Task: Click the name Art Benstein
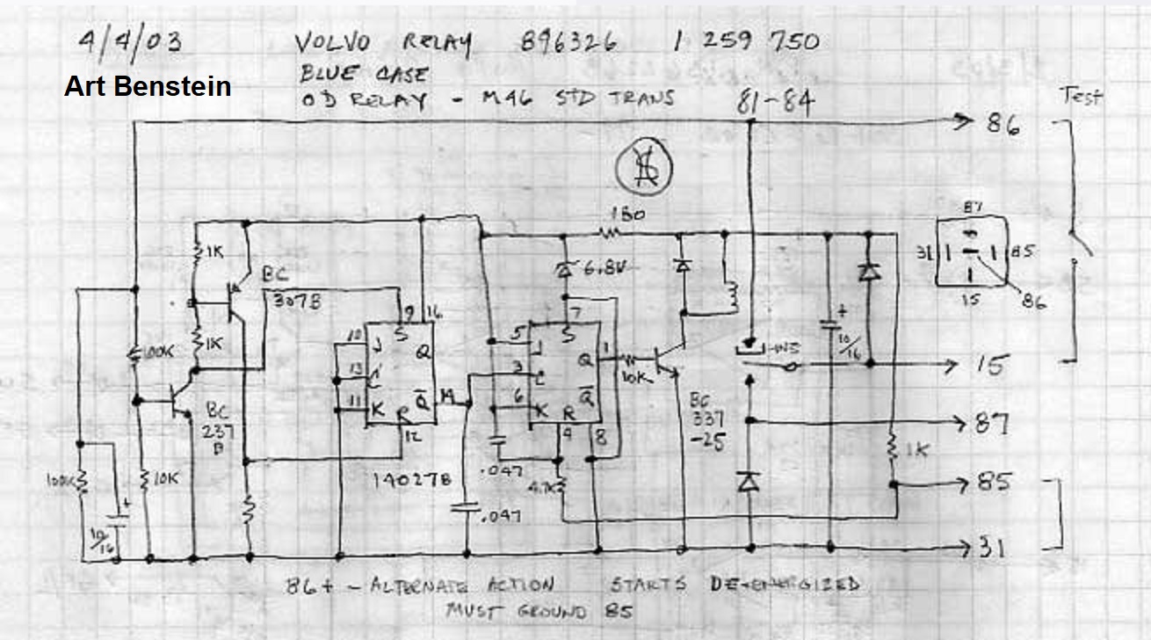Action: tap(148, 86)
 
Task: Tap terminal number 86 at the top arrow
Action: tap(1002, 125)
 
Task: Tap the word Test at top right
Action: tap(1082, 97)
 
